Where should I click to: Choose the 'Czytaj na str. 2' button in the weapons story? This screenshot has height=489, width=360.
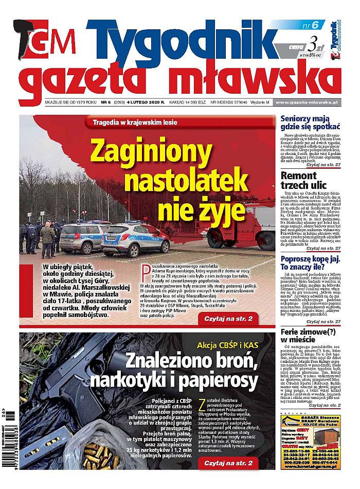click(x=228, y=463)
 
